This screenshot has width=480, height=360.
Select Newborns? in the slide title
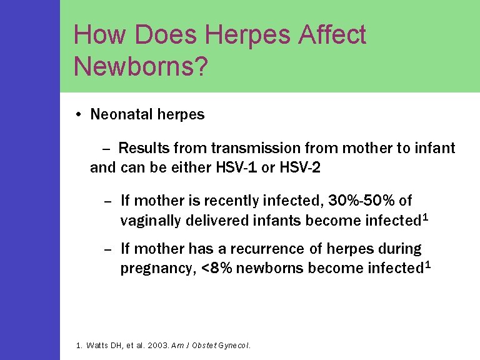[141, 65]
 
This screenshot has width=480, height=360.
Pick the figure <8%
[217, 268]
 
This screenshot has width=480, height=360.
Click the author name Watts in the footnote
[101, 344]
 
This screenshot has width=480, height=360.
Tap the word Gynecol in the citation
[234, 344]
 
